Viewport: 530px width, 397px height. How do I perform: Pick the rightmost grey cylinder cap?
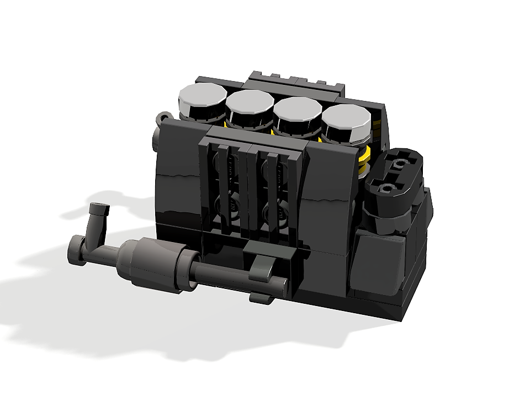346,117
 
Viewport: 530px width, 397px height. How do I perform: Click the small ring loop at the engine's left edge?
164,117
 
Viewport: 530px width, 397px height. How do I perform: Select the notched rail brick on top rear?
295,81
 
